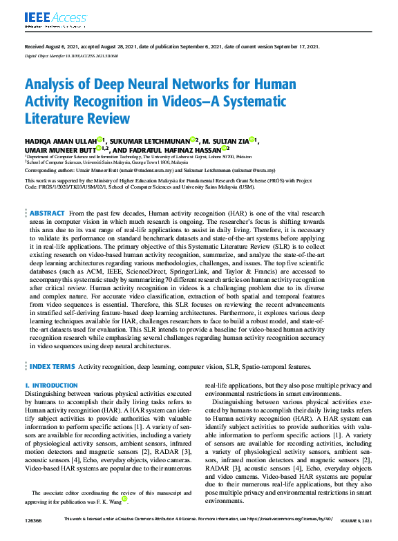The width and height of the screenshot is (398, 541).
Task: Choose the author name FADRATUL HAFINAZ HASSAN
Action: tap(176, 149)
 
